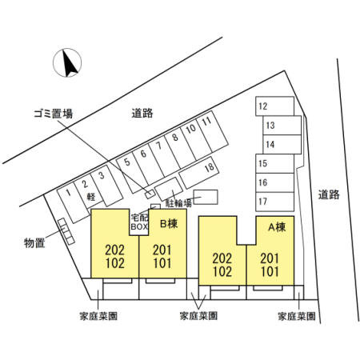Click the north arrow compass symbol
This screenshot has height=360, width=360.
pos(67,62)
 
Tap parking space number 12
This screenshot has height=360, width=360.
pos(274,106)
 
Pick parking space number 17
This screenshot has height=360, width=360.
pos(274,202)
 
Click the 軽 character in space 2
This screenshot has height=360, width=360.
pos(91,197)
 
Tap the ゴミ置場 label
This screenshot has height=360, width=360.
pos(53,114)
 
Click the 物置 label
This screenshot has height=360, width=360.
pos(34,242)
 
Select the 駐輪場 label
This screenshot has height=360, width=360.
pos(178,203)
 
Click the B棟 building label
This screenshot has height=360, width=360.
pos(169,223)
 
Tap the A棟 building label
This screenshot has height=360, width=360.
pos(277,227)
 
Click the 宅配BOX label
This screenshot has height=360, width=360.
pos(139,222)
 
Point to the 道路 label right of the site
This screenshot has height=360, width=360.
pos(329,194)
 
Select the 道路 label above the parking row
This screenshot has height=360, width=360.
pos(142,113)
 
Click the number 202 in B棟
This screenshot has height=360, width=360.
pos(114,250)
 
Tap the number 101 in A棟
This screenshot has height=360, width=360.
pos(270,271)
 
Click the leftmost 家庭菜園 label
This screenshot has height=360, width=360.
pos(98,316)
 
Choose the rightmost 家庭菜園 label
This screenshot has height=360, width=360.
pos(297,316)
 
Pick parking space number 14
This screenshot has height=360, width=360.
pos(282,144)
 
